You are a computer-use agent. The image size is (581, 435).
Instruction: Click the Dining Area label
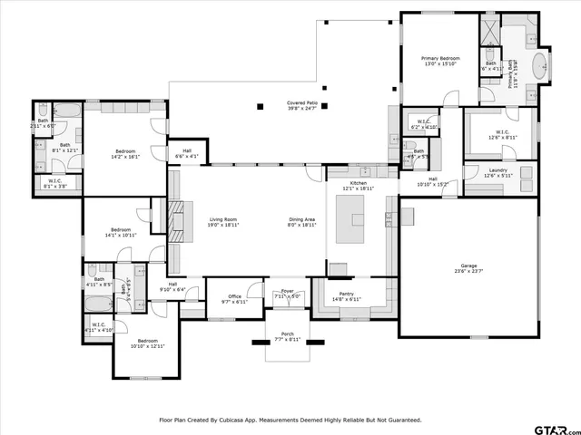(x=301, y=221)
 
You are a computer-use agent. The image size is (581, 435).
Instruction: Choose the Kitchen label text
(x=359, y=185)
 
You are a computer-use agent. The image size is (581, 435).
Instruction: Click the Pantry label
(x=347, y=295)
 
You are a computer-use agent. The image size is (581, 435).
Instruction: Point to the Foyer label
(x=288, y=293)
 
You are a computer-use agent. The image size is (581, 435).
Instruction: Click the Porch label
(x=287, y=336)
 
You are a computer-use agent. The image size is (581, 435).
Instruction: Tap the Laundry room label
(x=497, y=171)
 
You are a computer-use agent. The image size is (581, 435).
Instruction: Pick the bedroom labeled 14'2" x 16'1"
(x=124, y=153)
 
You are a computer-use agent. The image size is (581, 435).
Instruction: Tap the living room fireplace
(x=177, y=217)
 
